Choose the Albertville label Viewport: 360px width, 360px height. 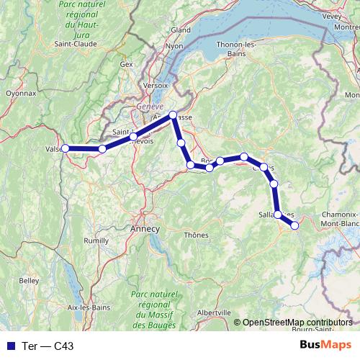point(213,312)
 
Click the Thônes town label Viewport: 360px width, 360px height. point(196,235)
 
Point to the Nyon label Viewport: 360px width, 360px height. point(175,45)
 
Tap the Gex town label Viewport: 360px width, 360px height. point(127,64)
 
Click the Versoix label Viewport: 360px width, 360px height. point(156,84)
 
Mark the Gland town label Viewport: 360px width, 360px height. point(180,30)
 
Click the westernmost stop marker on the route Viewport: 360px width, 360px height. point(65,148)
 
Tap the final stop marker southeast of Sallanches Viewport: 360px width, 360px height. point(294,225)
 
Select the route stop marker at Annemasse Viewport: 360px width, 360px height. point(173,115)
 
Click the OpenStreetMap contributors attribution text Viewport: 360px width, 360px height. point(298,322)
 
